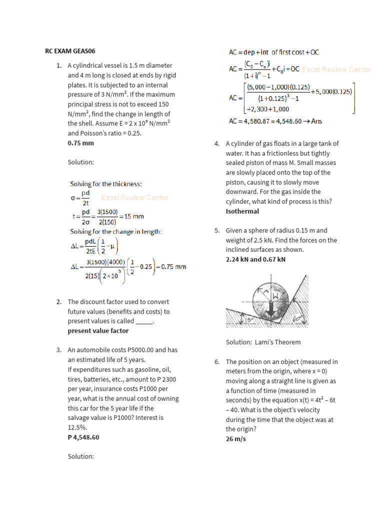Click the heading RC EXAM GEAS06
click(70, 51)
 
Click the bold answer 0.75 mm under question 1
click(80, 143)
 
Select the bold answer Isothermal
click(242, 211)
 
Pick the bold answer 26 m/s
click(235, 439)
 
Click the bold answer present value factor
click(98, 331)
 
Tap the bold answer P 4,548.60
click(83, 437)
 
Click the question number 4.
click(217, 144)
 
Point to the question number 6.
click(217, 362)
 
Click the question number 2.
click(59, 302)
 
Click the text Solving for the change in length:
click(115, 231)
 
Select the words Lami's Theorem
click(282, 342)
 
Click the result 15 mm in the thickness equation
click(133, 216)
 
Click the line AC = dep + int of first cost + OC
click(274, 52)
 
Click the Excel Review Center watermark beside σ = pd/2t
click(134, 197)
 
